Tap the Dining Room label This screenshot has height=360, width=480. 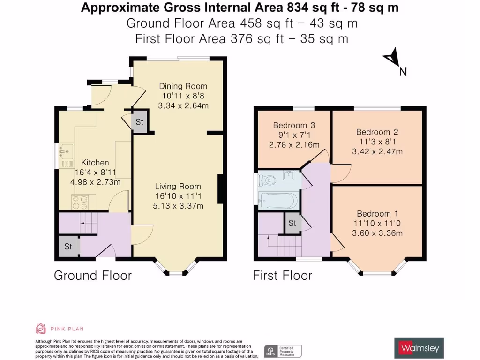[x=183, y=86]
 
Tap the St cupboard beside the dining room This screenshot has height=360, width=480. [x=139, y=122]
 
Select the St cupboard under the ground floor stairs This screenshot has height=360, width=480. [x=68, y=246]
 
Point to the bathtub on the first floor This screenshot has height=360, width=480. [x=278, y=201]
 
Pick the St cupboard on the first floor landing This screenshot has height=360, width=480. [x=292, y=224]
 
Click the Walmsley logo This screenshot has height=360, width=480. [x=419, y=348]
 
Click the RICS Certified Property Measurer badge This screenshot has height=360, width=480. [x=283, y=351]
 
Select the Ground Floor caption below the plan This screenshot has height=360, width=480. [x=93, y=275]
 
